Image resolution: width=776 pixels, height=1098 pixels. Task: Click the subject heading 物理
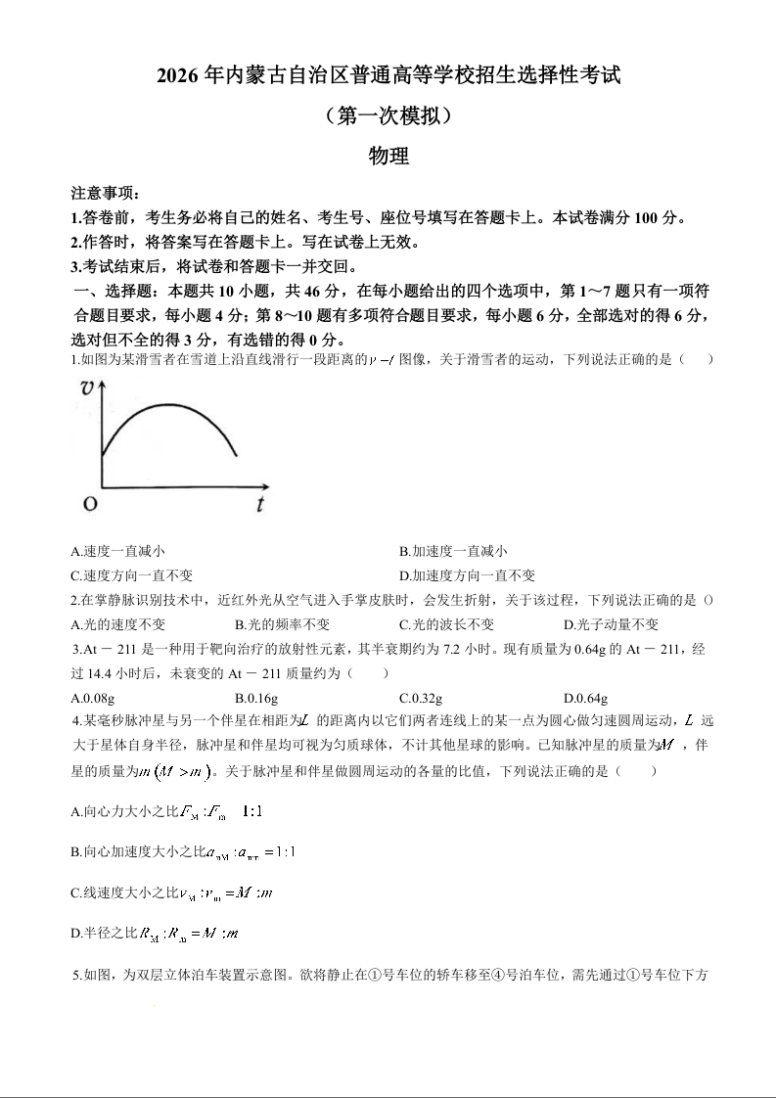click(388, 156)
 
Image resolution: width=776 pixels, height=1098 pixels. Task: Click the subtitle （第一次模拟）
click(388, 115)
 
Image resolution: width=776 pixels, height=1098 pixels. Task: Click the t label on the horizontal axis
click(260, 505)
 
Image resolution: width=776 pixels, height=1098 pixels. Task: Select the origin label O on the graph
click(89, 505)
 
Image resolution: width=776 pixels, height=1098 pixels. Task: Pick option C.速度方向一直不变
click(131, 575)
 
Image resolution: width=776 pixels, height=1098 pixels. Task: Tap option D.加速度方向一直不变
click(467, 575)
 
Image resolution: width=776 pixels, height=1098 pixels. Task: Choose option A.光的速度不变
click(117, 624)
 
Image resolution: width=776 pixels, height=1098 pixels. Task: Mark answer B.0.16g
click(256, 698)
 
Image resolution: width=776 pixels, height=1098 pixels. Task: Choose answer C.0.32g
click(421, 698)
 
